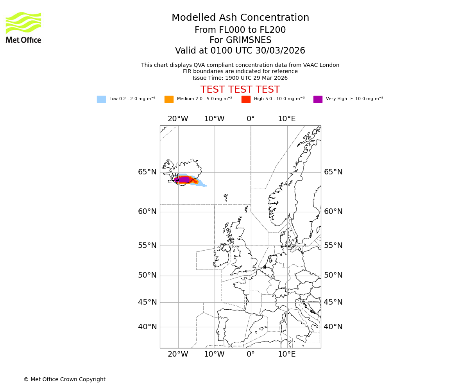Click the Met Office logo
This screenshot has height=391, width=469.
pos(23,27)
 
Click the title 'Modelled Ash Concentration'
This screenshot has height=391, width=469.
pos(240,18)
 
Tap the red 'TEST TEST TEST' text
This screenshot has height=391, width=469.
pos(240,90)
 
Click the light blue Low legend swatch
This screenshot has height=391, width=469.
pos(101,99)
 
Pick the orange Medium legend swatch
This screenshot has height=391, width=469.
pos(169,99)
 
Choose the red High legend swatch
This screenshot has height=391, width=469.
pos(246,99)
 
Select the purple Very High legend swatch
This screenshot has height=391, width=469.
pos(318,99)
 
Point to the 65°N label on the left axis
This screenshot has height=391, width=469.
pos(147,172)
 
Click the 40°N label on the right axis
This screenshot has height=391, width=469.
pos(333,327)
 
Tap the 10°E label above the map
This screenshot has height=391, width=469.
pos(286,119)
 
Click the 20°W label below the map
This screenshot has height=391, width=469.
pos(178,354)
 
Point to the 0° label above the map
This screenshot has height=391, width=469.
pos(251,119)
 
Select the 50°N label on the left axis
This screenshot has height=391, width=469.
pos(147,275)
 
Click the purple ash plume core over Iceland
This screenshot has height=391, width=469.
pos(184,179)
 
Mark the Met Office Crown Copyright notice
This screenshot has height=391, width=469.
pos(64,380)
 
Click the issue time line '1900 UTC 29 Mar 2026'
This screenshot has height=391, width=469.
pos(240,78)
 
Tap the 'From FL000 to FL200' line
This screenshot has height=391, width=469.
pos(240,30)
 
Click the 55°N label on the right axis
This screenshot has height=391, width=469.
pos(333,246)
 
